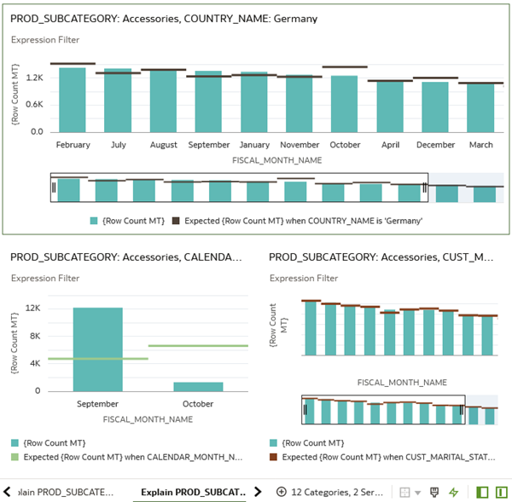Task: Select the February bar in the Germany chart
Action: click(x=73, y=100)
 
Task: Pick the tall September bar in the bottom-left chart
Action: click(x=97, y=349)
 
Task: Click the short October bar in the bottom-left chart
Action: click(x=198, y=386)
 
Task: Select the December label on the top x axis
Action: click(x=435, y=145)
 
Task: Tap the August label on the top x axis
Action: click(x=164, y=145)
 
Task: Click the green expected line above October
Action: click(x=198, y=346)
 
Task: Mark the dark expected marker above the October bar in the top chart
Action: click(x=345, y=66)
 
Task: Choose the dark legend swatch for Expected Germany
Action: click(x=174, y=221)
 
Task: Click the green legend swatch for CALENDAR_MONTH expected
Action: click(x=15, y=457)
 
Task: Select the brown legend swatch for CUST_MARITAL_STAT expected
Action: click(x=274, y=457)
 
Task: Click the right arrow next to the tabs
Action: click(x=258, y=492)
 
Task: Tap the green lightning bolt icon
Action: click(x=453, y=492)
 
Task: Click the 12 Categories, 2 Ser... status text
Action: click(x=338, y=492)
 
